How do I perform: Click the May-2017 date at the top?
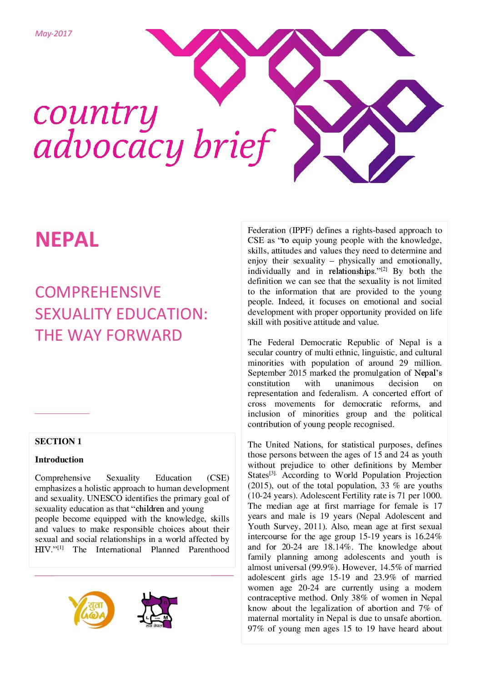click(53, 34)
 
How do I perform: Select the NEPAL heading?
click(67, 240)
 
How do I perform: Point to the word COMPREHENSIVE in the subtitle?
click(98, 292)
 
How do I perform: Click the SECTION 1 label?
click(58, 442)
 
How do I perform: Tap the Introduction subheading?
click(59, 460)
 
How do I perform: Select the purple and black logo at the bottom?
click(157, 611)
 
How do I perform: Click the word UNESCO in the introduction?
click(105, 498)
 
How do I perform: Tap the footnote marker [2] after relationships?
click(384, 269)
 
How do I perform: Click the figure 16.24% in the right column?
click(428, 536)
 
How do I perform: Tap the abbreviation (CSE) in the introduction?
click(218, 478)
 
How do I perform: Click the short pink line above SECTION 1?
click(62, 413)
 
